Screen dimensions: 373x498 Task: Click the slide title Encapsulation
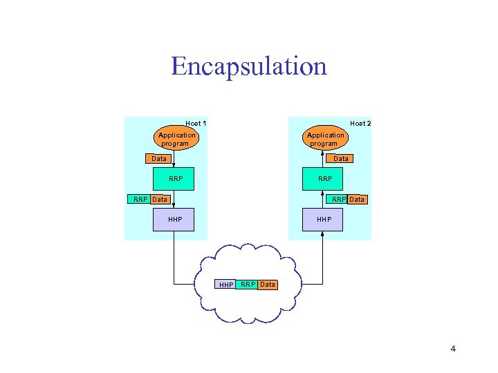(x=248, y=66)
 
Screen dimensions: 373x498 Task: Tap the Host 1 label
(x=196, y=124)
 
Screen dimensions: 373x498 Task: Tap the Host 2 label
(x=360, y=124)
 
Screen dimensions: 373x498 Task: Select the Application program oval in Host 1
(x=176, y=140)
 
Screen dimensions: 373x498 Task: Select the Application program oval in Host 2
(x=325, y=140)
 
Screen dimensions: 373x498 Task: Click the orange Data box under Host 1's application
(x=159, y=159)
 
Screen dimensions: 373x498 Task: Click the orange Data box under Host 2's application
(x=341, y=159)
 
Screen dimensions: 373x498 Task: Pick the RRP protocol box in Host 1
(x=176, y=179)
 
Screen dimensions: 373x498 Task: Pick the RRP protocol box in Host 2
(x=324, y=179)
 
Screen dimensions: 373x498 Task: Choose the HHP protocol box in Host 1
(x=175, y=220)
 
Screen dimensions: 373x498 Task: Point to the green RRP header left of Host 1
(x=140, y=200)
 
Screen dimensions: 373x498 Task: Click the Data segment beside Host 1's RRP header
(x=160, y=200)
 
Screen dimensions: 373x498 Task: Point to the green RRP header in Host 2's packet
(x=339, y=200)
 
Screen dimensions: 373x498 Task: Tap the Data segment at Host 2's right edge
(x=357, y=200)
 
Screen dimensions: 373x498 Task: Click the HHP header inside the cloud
(x=226, y=285)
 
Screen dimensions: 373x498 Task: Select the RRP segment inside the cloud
(x=248, y=284)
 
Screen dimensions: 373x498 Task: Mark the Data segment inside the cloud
(x=268, y=284)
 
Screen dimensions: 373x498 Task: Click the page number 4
(x=453, y=349)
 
